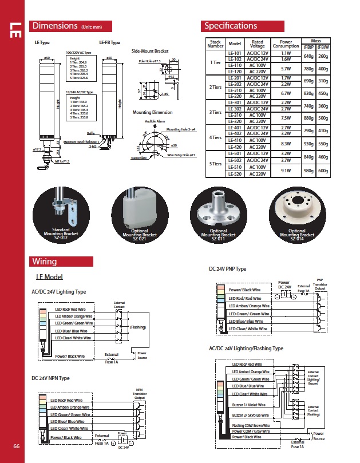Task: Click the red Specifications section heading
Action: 231,26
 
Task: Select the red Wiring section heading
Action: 44,262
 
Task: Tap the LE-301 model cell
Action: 235,102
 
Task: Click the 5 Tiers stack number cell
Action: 215,164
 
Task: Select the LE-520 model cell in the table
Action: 235,173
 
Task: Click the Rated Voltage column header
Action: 258,43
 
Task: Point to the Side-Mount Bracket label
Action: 150,50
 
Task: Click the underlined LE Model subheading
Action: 49,277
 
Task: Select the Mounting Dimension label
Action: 152,113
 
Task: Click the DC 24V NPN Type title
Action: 50,378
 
